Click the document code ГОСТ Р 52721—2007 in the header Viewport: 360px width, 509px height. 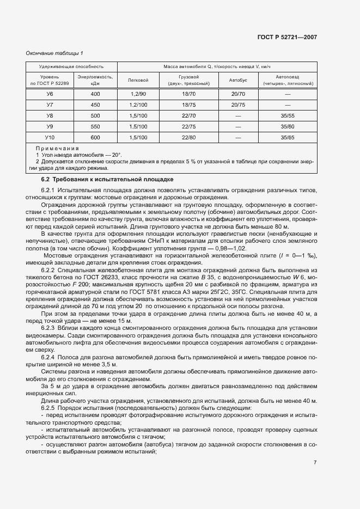[x=287, y=37]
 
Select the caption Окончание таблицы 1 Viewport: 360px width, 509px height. [x=55, y=53]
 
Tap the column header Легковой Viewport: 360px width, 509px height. [x=138, y=80]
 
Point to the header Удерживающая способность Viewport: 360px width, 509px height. [x=71, y=66]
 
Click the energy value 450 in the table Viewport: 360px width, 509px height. [x=95, y=105]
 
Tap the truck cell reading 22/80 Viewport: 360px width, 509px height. [x=188, y=137]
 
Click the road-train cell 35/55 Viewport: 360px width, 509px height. [x=288, y=115]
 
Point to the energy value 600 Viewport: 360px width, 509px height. [x=95, y=137]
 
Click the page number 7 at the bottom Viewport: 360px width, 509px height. [x=315, y=463]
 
